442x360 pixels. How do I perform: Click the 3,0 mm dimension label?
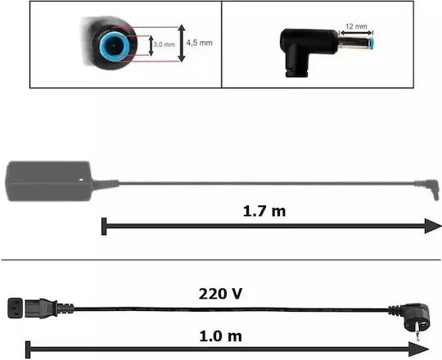tap(164, 44)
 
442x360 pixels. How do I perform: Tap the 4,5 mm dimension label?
tap(199, 43)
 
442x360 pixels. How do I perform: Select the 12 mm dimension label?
tap(356, 26)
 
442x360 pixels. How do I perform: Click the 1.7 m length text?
tap(264, 211)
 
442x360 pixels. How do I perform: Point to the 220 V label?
tap(220, 294)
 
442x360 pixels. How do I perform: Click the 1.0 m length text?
tap(220, 336)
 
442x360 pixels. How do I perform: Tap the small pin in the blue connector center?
tap(114, 45)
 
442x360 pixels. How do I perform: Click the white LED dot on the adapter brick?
tap(82, 179)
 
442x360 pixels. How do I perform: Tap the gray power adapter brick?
tap(48, 181)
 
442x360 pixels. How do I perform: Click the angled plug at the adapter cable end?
tap(428, 188)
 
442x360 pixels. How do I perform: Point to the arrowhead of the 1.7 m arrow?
tap(433, 226)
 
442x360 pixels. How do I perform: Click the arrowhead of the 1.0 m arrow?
tap(418, 349)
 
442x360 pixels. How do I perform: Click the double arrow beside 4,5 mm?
tap(182, 43)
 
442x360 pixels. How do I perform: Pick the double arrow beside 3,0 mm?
tap(151, 45)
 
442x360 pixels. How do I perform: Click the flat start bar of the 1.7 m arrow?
tap(104, 226)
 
